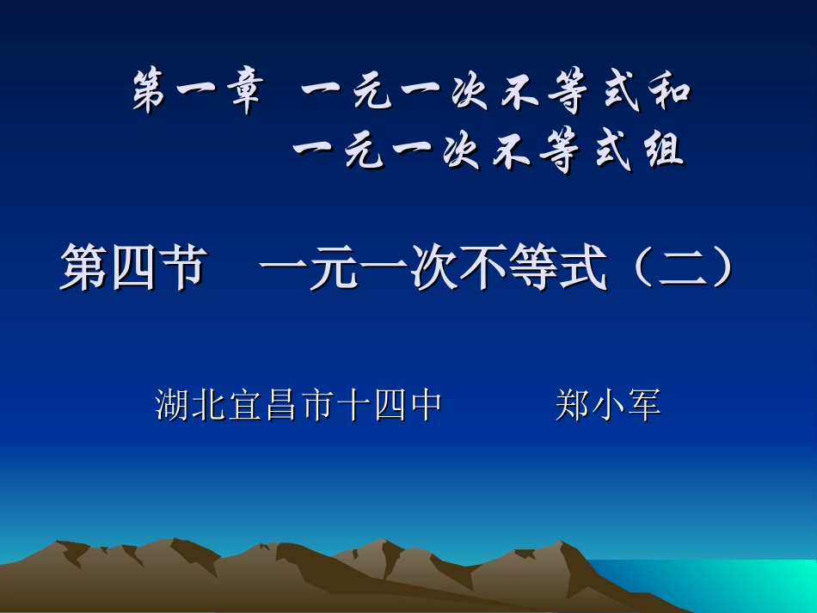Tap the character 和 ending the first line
668,92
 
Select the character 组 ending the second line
661,151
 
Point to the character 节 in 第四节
181,268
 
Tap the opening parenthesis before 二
634,268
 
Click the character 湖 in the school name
173,404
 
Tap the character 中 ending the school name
427,404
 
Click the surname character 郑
572,404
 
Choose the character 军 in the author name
643,404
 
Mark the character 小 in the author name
608,404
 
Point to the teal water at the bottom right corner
757,585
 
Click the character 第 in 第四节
82,268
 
